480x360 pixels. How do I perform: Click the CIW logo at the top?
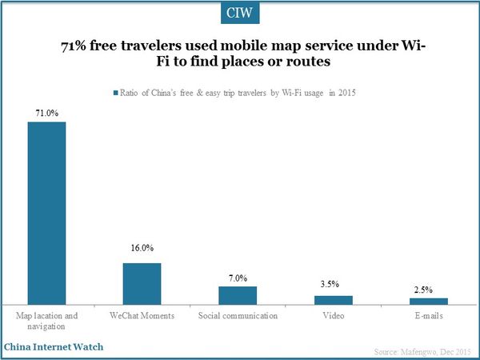coord(239,14)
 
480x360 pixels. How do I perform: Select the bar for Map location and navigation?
coord(47,213)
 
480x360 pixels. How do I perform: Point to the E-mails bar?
coord(428,301)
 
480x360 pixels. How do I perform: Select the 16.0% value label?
coord(142,249)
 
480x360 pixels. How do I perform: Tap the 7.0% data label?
coord(238,276)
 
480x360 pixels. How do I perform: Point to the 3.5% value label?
coord(333,284)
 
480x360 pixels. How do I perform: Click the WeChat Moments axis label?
coord(142,316)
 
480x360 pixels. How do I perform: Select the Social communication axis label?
coord(238,316)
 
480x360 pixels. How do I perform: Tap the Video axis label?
coord(333,316)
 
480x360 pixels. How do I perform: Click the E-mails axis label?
coord(428,316)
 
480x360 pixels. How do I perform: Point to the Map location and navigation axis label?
coord(47,322)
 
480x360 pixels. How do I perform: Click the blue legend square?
coord(116,93)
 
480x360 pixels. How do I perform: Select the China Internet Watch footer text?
coord(53,348)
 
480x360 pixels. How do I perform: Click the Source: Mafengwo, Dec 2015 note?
coord(423,352)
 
